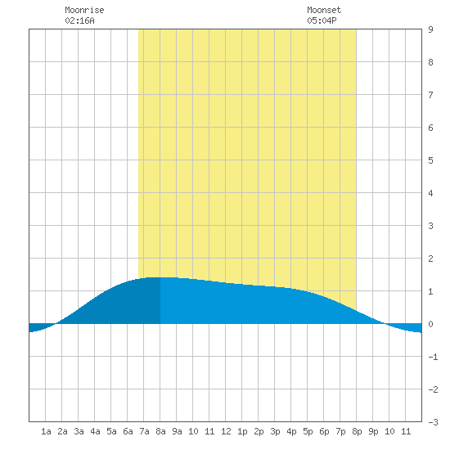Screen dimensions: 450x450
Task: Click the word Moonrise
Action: (x=84, y=10)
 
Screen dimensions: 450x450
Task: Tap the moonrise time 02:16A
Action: (x=79, y=20)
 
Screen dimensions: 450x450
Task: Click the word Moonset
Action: (x=324, y=10)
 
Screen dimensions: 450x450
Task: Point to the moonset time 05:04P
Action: (x=322, y=20)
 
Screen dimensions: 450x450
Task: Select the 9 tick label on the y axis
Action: (x=430, y=29)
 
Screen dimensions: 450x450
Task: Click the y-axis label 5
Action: (x=430, y=160)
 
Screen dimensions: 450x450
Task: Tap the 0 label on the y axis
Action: (x=430, y=324)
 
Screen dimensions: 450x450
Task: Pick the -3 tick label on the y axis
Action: (x=433, y=422)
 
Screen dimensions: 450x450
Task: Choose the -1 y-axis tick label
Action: (x=433, y=357)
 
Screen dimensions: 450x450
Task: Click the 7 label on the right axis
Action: (x=430, y=95)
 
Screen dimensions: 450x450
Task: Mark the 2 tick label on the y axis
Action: (x=430, y=259)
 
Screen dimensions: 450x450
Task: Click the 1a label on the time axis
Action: (x=46, y=431)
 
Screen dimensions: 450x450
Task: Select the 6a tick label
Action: (x=128, y=431)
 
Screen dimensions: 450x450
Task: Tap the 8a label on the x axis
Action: (x=160, y=431)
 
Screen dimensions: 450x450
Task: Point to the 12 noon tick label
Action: (x=226, y=431)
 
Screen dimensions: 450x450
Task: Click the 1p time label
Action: (x=242, y=431)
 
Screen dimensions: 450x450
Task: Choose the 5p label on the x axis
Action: (x=308, y=431)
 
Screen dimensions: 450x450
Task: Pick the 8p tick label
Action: (x=357, y=431)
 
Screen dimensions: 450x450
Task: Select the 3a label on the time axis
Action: (x=79, y=431)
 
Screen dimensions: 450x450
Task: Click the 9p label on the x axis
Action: (x=373, y=431)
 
